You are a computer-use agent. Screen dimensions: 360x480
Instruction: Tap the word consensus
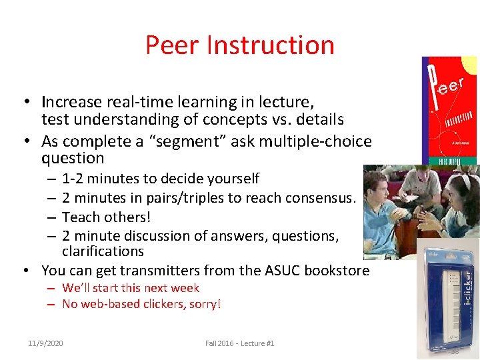[323, 198]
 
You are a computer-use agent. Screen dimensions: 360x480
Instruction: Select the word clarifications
[103, 251]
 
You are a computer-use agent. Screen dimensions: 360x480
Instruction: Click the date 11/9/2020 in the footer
[45, 343]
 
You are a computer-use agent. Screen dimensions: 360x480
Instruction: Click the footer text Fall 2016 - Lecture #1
[239, 343]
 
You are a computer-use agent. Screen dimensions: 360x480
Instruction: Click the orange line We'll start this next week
[131, 288]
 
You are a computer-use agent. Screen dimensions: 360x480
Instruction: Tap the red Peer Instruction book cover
[449, 110]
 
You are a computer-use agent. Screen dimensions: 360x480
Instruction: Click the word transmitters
[141, 271]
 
